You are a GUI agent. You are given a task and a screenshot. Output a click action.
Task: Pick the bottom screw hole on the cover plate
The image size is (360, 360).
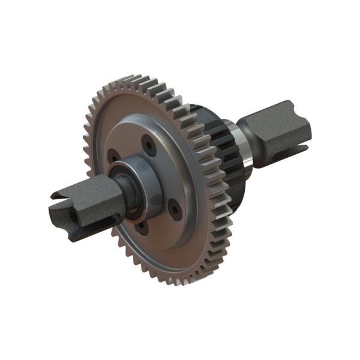tap(140, 227)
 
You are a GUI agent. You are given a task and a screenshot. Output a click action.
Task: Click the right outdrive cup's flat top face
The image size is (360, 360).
tap(276, 113)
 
